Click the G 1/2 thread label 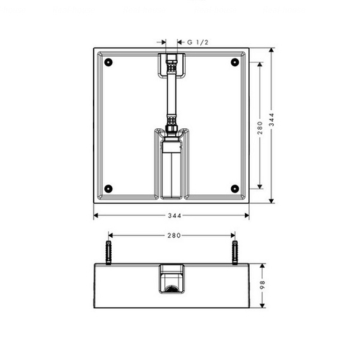click(197, 42)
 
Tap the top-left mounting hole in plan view click(109, 62)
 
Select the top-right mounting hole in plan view click(235, 62)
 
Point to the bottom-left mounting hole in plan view click(109, 189)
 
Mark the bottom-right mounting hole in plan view click(235, 189)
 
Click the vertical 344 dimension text click(271, 120)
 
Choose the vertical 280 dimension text click(260, 127)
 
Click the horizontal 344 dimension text click(174, 215)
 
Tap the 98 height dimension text click(263, 284)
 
